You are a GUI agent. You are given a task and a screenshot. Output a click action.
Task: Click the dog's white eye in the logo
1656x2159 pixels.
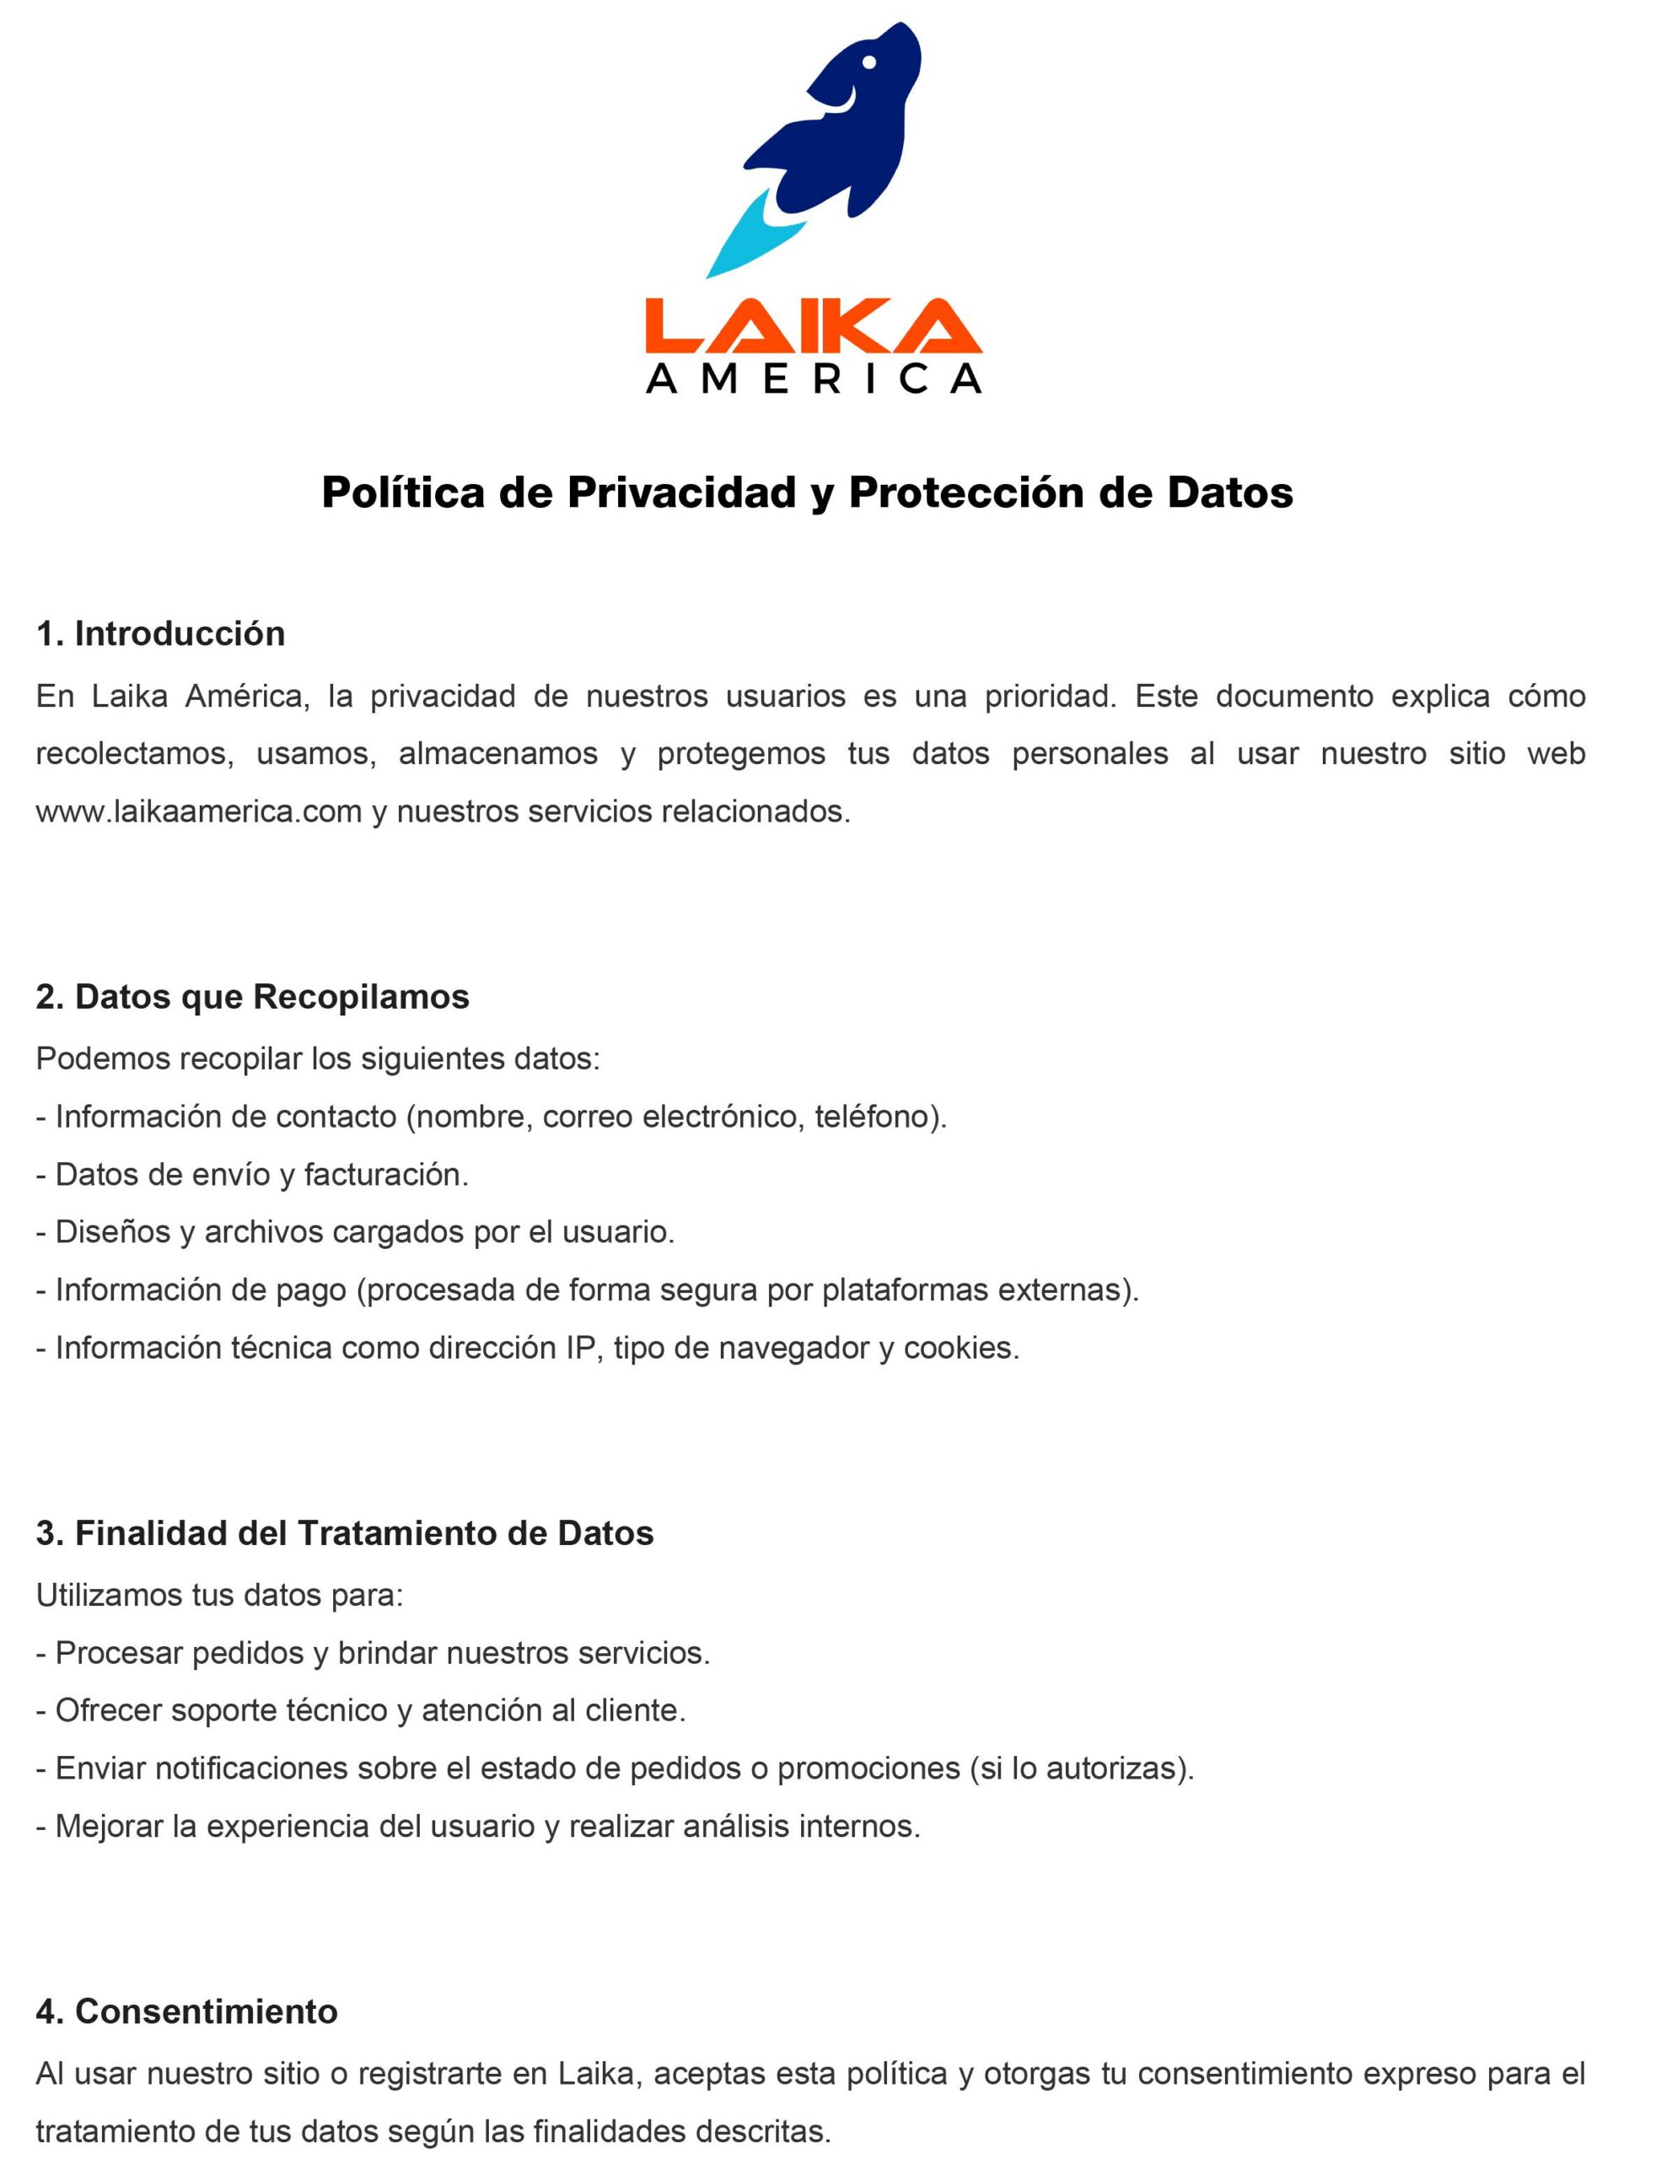868,62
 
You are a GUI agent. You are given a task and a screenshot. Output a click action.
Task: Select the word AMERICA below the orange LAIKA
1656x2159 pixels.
813,379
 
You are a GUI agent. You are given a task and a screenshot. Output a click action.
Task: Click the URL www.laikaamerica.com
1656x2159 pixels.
199,811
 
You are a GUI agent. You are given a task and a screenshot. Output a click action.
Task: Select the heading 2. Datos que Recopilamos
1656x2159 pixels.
252,997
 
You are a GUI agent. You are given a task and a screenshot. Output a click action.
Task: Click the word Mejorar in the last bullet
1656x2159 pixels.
109,1826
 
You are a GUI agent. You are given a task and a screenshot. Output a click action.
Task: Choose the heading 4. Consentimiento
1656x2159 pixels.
186,2011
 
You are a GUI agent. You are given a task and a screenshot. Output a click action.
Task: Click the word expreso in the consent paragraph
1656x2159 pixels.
1419,2073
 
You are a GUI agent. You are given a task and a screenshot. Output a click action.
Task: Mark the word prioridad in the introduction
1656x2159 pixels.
1050,696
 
